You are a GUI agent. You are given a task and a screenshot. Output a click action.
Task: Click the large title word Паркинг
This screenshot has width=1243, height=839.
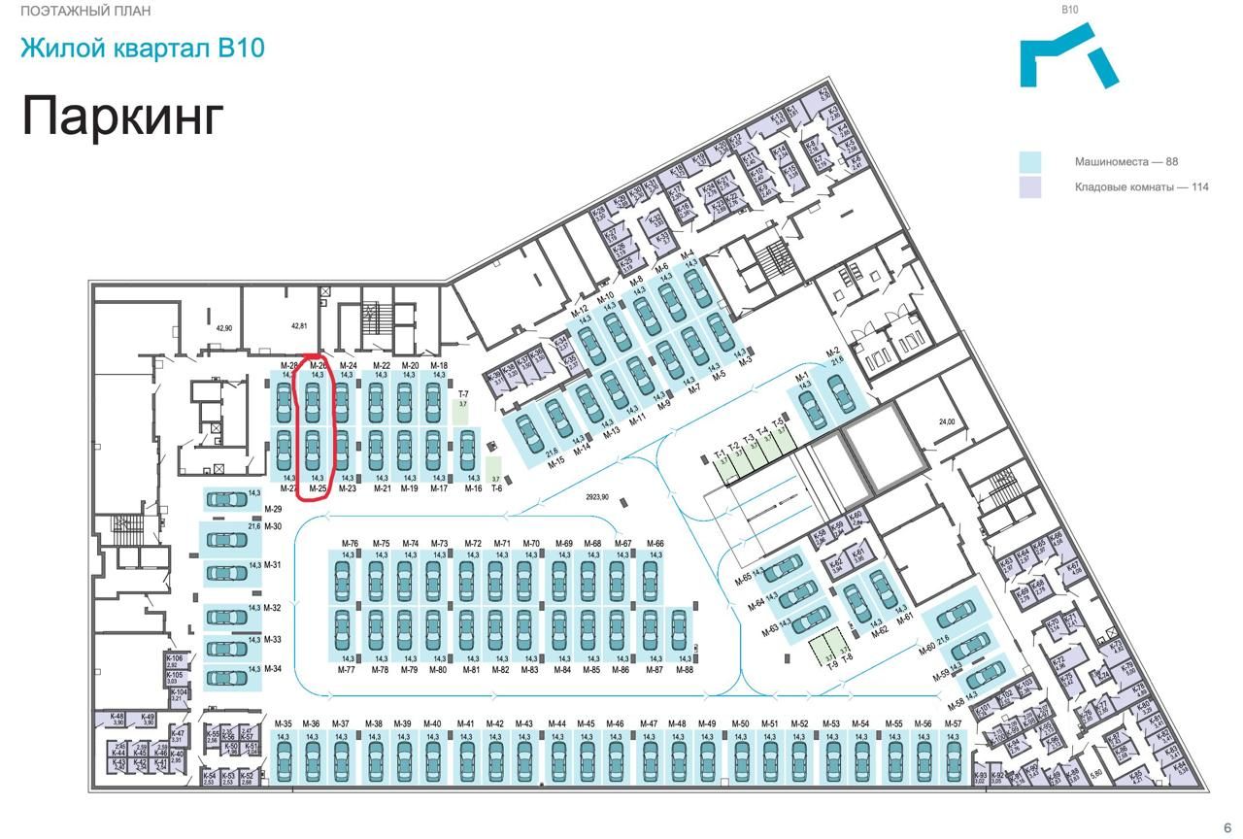(x=122, y=116)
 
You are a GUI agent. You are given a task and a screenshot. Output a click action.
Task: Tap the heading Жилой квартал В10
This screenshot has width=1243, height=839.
(x=142, y=48)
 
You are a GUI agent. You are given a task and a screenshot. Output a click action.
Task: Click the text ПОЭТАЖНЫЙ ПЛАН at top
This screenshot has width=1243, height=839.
(x=84, y=12)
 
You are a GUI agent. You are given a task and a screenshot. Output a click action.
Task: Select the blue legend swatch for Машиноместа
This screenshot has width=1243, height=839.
(x=1029, y=162)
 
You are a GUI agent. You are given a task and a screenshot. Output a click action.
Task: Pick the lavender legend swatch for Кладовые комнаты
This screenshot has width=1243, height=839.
(x=1029, y=187)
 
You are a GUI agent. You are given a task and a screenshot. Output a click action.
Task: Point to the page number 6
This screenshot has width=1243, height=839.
(x=1227, y=827)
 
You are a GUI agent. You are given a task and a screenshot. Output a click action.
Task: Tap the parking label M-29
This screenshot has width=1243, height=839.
(x=273, y=510)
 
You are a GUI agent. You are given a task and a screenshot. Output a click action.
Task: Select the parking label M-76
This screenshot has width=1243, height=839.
(x=350, y=544)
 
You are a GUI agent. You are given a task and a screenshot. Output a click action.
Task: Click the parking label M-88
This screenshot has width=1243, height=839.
(x=685, y=670)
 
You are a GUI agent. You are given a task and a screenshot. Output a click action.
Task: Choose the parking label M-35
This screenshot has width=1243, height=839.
(x=284, y=724)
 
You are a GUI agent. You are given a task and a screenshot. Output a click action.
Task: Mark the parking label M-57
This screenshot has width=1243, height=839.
(x=953, y=724)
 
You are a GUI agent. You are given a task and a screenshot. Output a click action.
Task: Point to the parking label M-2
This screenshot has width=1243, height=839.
(x=832, y=352)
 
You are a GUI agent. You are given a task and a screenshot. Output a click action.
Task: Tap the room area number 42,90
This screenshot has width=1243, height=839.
(x=224, y=328)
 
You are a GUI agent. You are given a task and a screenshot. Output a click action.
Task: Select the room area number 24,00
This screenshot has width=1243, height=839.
(x=947, y=422)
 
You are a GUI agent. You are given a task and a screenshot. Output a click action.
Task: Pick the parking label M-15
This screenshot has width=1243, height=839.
(x=556, y=463)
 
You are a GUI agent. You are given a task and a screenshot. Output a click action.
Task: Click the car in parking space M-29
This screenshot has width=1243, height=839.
(x=228, y=499)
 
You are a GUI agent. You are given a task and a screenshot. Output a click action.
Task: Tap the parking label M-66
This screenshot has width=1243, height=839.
(x=655, y=544)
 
